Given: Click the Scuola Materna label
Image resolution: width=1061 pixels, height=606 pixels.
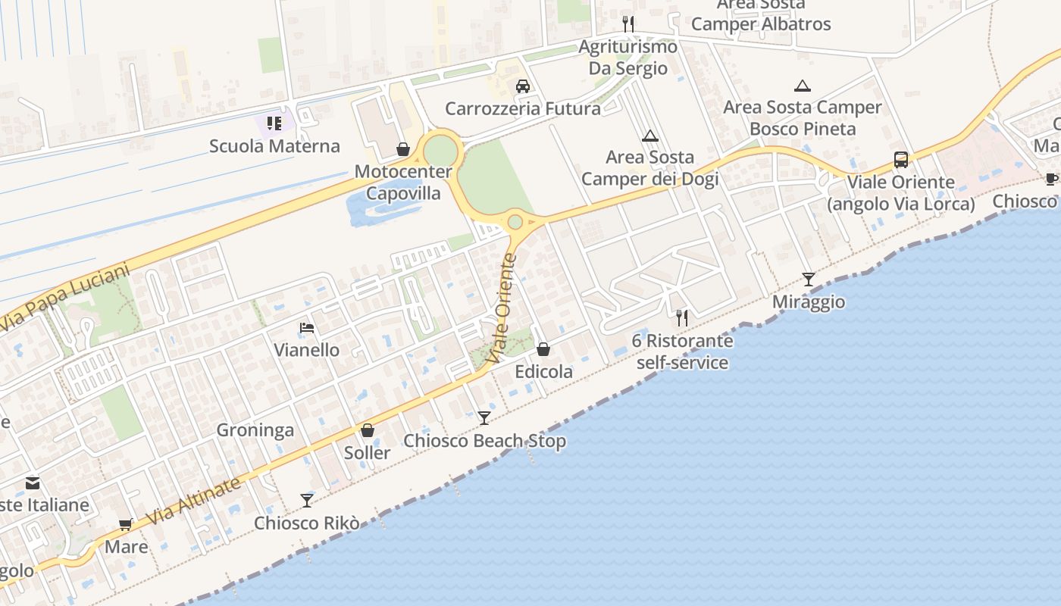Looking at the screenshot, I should tap(274, 146).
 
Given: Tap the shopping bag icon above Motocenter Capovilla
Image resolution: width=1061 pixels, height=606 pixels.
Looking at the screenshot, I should tap(403, 149).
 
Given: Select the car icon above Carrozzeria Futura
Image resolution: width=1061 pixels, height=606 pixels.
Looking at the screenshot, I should tap(523, 86).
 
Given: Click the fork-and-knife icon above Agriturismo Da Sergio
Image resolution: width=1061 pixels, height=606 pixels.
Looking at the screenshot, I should tap(628, 23).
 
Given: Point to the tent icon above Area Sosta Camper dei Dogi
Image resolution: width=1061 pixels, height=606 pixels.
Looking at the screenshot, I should tap(649, 136).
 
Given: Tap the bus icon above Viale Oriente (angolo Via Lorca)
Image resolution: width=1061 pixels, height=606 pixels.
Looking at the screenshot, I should tap(900, 160).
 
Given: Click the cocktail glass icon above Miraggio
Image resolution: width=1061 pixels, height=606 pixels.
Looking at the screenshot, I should tap(809, 280).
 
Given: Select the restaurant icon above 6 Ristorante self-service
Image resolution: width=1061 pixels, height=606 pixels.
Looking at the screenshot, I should tap(682, 318).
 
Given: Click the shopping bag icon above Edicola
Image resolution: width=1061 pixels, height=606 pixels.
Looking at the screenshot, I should tap(543, 349).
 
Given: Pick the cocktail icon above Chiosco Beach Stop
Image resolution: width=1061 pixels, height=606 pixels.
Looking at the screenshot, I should tap(484, 417).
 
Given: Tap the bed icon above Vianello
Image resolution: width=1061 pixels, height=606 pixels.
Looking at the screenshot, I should tap(307, 328).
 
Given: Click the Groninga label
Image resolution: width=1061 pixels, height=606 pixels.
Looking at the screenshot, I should tap(255, 430).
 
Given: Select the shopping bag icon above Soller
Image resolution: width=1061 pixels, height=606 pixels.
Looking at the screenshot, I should tap(368, 430).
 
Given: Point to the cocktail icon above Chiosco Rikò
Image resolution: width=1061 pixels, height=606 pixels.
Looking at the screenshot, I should tap(307, 500).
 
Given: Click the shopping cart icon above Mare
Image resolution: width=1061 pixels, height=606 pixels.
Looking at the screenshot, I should tap(126, 524).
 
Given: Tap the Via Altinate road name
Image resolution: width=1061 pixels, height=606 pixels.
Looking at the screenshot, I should tap(195, 501).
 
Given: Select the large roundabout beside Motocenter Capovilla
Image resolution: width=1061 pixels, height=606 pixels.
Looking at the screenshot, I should tap(440, 150).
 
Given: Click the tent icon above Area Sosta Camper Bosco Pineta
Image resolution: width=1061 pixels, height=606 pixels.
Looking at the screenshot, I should tap(803, 86).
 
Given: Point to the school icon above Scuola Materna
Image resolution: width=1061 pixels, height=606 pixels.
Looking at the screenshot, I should tap(274, 123).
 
